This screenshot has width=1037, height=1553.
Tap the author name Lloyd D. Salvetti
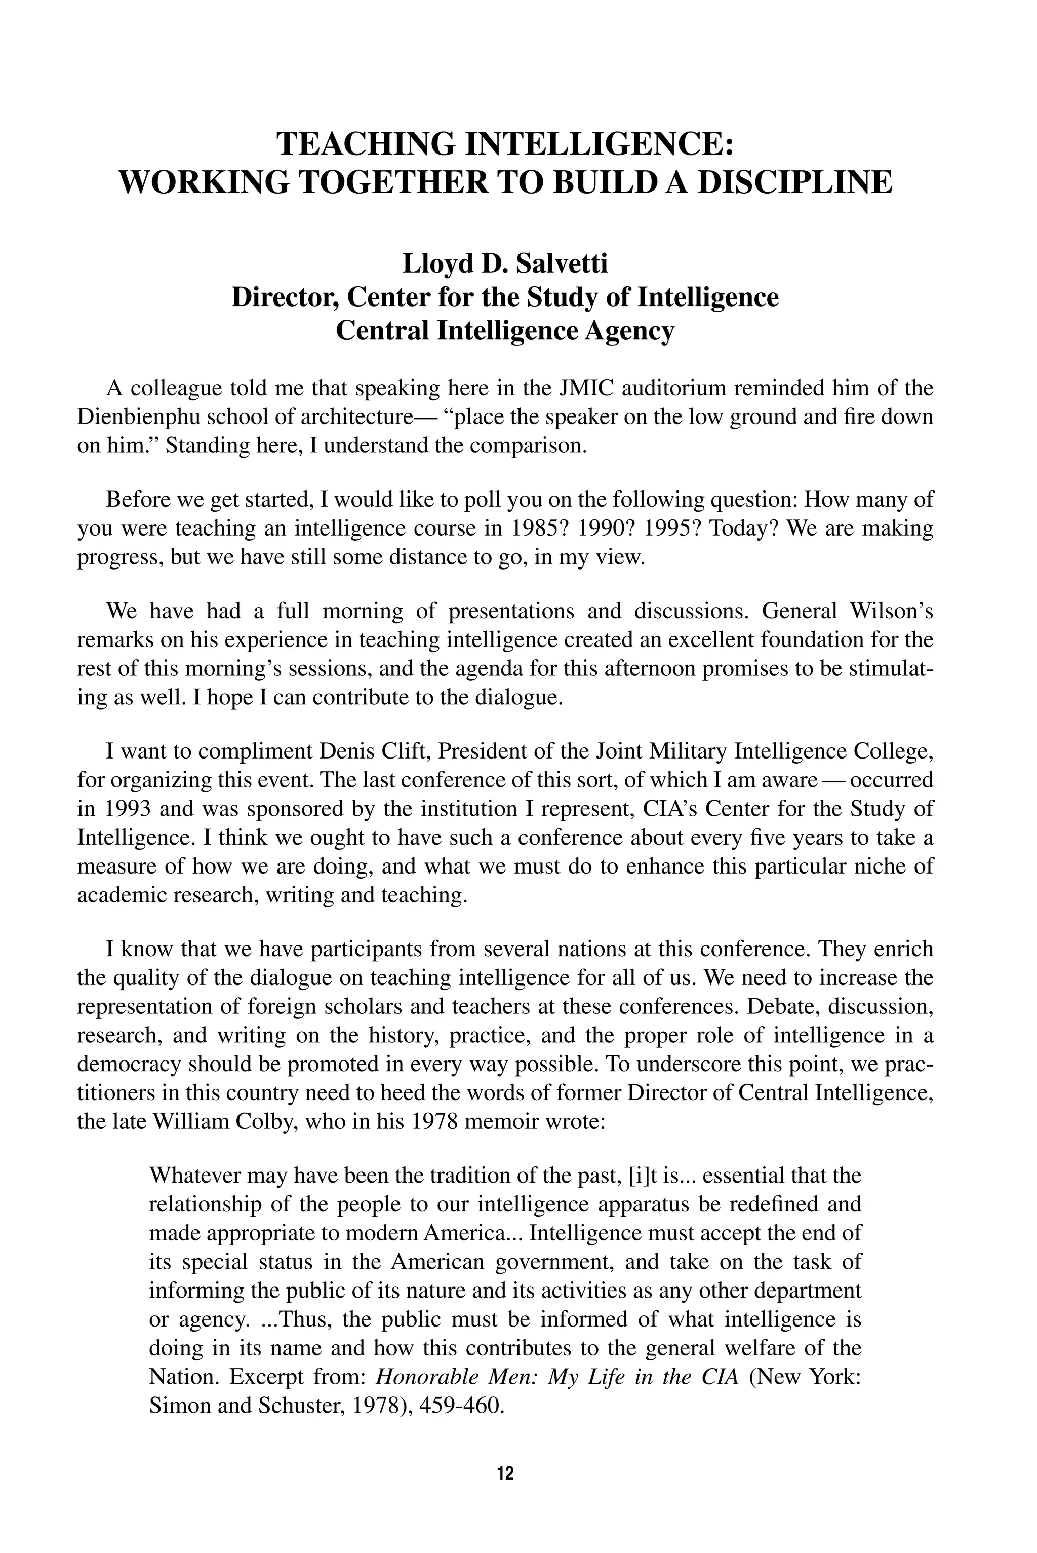pyautogui.click(x=505, y=264)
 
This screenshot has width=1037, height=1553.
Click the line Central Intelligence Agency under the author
pyautogui.click(x=505, y=330)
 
